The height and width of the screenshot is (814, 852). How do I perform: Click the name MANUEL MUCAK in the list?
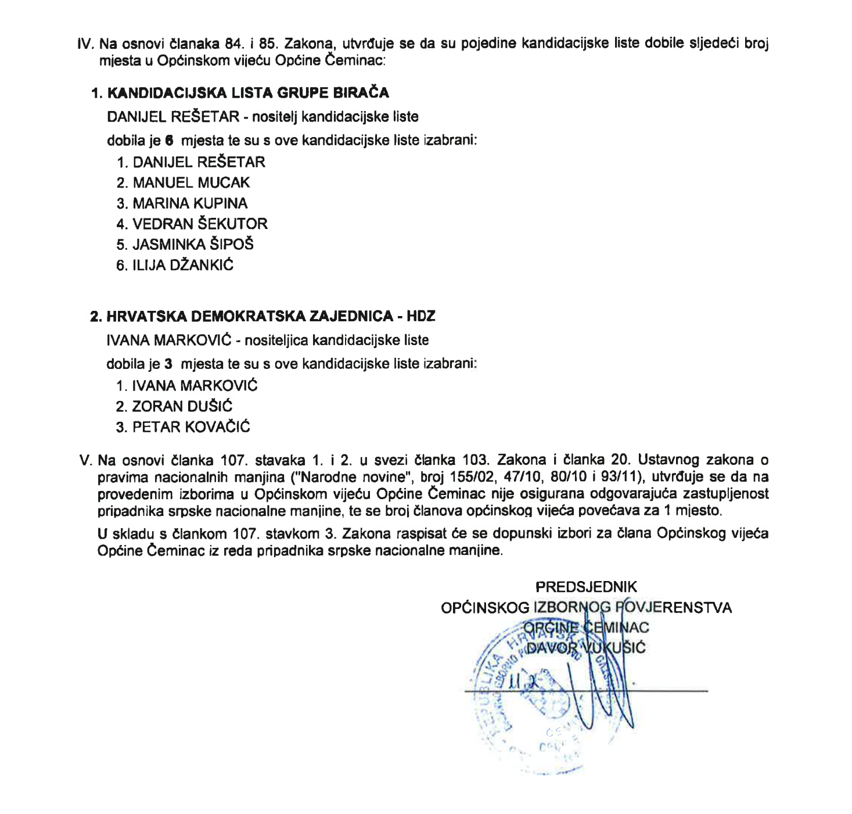coord(191,182)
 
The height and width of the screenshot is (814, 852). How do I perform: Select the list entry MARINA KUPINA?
coord(190,203)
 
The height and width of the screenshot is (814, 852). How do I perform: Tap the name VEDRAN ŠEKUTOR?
coord(200,224)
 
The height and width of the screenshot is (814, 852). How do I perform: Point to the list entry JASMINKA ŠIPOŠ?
coord(193,244)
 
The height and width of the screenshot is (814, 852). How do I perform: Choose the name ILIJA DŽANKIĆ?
coord(183,265)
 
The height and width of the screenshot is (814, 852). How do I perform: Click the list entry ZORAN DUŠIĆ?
coord(182,406)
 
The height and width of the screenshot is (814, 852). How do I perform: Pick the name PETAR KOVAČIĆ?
coord(191,427)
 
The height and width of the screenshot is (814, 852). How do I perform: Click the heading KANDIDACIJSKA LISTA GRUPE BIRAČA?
coord(248,93)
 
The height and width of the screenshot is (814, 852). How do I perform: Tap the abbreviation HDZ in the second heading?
coord(421,316)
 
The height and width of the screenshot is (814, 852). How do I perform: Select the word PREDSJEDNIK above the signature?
coord(586,587)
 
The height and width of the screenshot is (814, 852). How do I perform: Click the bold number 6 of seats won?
coord(169,140)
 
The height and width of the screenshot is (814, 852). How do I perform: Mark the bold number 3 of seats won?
coord(168,364)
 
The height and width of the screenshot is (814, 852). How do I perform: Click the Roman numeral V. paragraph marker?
coord(86,461)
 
